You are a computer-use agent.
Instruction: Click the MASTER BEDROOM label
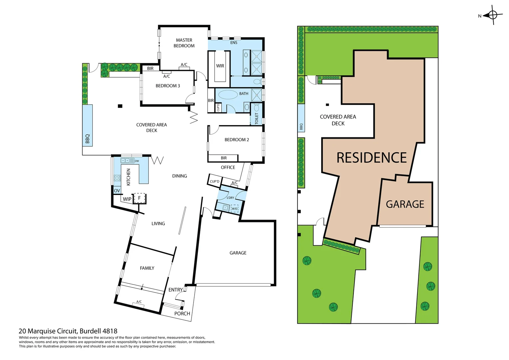click(184, 43)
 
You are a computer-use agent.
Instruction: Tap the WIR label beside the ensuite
click(220, 66)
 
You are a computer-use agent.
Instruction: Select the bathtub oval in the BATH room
click(228, 95)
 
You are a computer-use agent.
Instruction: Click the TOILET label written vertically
click(256, 119)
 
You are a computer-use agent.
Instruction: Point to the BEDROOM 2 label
click(237, 140)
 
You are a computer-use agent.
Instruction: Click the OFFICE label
click(228, 167)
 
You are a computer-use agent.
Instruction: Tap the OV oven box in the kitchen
click(117, 191)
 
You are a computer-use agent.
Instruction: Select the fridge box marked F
click(140, 198)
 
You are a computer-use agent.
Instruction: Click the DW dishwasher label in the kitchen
click(137, 161)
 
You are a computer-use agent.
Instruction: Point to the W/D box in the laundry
click(235, 209)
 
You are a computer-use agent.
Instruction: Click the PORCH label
click(182, 314)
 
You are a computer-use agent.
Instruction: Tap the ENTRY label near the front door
click(176, 290)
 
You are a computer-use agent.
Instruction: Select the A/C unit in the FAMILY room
click(139, 303)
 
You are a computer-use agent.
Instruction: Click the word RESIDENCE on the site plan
click(371, 158)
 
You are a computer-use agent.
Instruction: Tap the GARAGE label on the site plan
click(405, 204)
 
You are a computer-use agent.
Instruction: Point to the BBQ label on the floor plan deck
click(88, 139)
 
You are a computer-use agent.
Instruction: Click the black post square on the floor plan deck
click(120, 106)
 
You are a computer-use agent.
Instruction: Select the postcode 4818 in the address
click(110, 331)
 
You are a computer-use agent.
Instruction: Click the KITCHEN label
click(129, 177)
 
